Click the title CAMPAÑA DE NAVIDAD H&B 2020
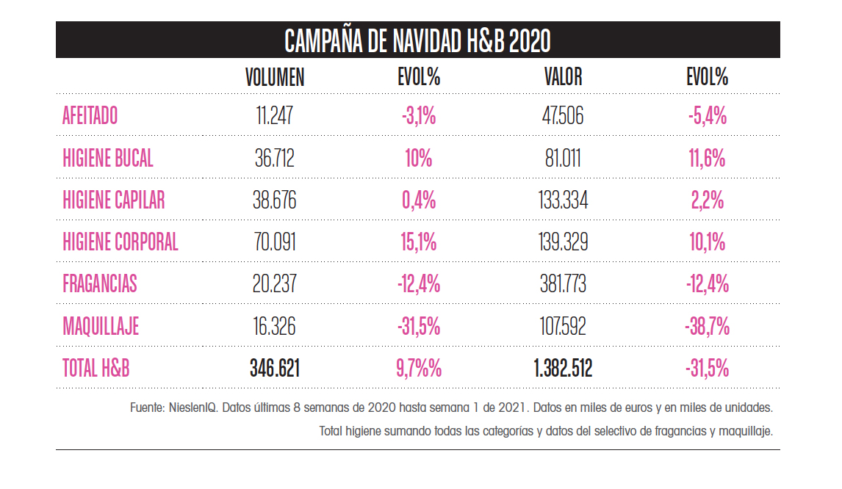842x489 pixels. point(417,41)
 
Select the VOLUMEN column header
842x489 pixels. point(275,77)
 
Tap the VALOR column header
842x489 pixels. point(564,77)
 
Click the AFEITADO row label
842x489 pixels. point(90,116)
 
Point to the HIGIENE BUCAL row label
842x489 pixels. point(108,158)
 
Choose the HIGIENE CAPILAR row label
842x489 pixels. point(113,200)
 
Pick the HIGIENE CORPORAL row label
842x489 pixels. point(120,242)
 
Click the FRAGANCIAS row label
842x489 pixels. point(99,284)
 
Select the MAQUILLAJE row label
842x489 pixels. point(100,326)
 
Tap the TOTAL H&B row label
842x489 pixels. point(96,369)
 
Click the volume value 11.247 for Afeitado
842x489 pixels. point(275,116)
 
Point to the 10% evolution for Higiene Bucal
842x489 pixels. point(419,158)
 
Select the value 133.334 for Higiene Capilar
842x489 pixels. point(564,200)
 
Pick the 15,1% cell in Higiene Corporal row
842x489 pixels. point(419,242)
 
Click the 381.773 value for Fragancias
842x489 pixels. point(564,284)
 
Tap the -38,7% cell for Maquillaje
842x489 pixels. point(707,326)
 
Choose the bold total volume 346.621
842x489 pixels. point(275,369)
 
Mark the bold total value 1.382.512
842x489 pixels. point(564,369)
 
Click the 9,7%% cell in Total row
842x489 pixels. point(419,369)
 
